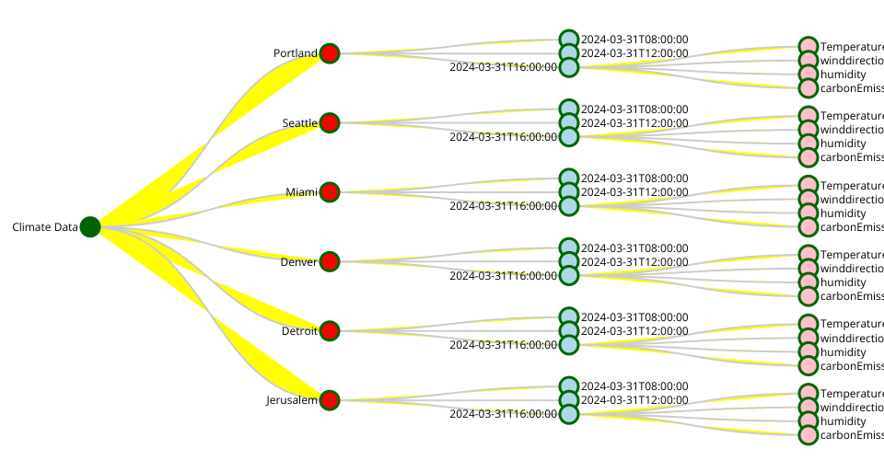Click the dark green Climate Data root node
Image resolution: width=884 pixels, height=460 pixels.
pos(89,227)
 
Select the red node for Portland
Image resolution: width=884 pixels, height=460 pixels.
pos(330,53)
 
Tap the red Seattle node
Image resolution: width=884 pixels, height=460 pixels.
pos(330,122)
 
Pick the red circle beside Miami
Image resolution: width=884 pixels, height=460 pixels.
pos(330,192)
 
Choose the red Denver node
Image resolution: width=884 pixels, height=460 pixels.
pos(330,261)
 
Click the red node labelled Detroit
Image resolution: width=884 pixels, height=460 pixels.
pos(330,330)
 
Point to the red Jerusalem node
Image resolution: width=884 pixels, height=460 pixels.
pos(330,400)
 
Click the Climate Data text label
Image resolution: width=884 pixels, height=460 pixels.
pos(44,227)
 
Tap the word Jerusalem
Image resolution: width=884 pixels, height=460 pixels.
pos(292,400)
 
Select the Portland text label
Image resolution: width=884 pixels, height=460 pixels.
pos(295,53)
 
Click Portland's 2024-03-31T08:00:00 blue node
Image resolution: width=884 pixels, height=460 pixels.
pos(569,39)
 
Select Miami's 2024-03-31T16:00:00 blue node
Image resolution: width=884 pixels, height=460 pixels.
pos(569,206)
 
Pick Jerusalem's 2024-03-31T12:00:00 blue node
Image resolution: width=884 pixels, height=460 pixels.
pos(569,400)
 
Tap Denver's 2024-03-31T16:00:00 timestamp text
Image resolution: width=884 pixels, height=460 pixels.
pos(503,275)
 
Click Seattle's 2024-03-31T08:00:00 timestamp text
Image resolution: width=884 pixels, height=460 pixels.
pos(634,109)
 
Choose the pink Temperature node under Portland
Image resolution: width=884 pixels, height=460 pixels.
pos(808,46)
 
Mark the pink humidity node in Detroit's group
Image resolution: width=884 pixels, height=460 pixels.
pos(808,351)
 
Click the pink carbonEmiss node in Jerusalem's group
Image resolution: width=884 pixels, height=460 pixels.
pos(808,435)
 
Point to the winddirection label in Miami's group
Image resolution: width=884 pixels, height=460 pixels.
pos(852,200)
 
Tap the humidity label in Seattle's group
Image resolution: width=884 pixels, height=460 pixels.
pos(843,144)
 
